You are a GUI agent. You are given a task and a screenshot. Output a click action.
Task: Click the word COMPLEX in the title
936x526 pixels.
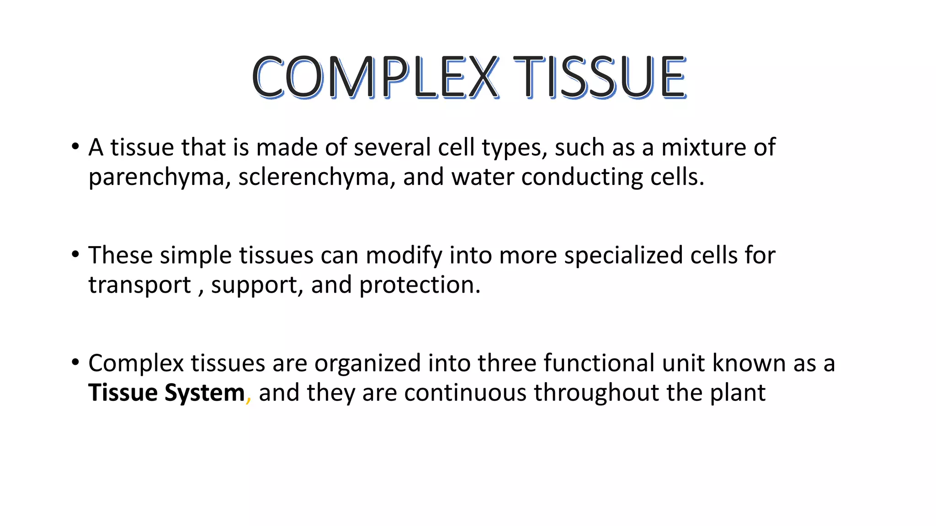(x=375, y=77)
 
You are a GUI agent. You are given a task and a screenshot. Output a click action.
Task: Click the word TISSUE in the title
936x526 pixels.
(x=600, y=77)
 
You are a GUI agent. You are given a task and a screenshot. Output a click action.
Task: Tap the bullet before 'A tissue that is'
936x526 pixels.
(x=75, y=147)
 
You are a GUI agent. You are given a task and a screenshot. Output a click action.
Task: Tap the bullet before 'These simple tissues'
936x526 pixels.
(x=75, y=255)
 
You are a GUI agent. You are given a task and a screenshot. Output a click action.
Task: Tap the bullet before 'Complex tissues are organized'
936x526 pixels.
(x=75, y=363)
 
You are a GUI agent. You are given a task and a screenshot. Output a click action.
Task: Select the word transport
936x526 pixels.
(x=139, y=285)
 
